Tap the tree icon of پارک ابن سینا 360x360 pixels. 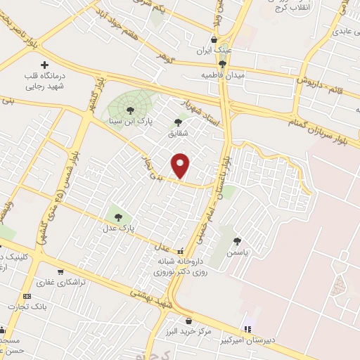pyautogui.click(x=129, y=109)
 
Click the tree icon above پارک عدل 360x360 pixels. pyautogui.click(x=117, y=217)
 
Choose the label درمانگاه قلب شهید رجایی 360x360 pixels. pyautogui.click(x=45, y=80)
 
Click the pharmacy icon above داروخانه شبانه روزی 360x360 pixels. pyautogui.click(x=181, y=251)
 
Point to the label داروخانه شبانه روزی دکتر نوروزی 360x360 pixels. pyautogui.click(x=181, y=265)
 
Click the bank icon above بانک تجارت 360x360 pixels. pyautogui.click(x=27, y=297)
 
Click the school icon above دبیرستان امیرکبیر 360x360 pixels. pyautogui.click(x=247, y=328)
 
